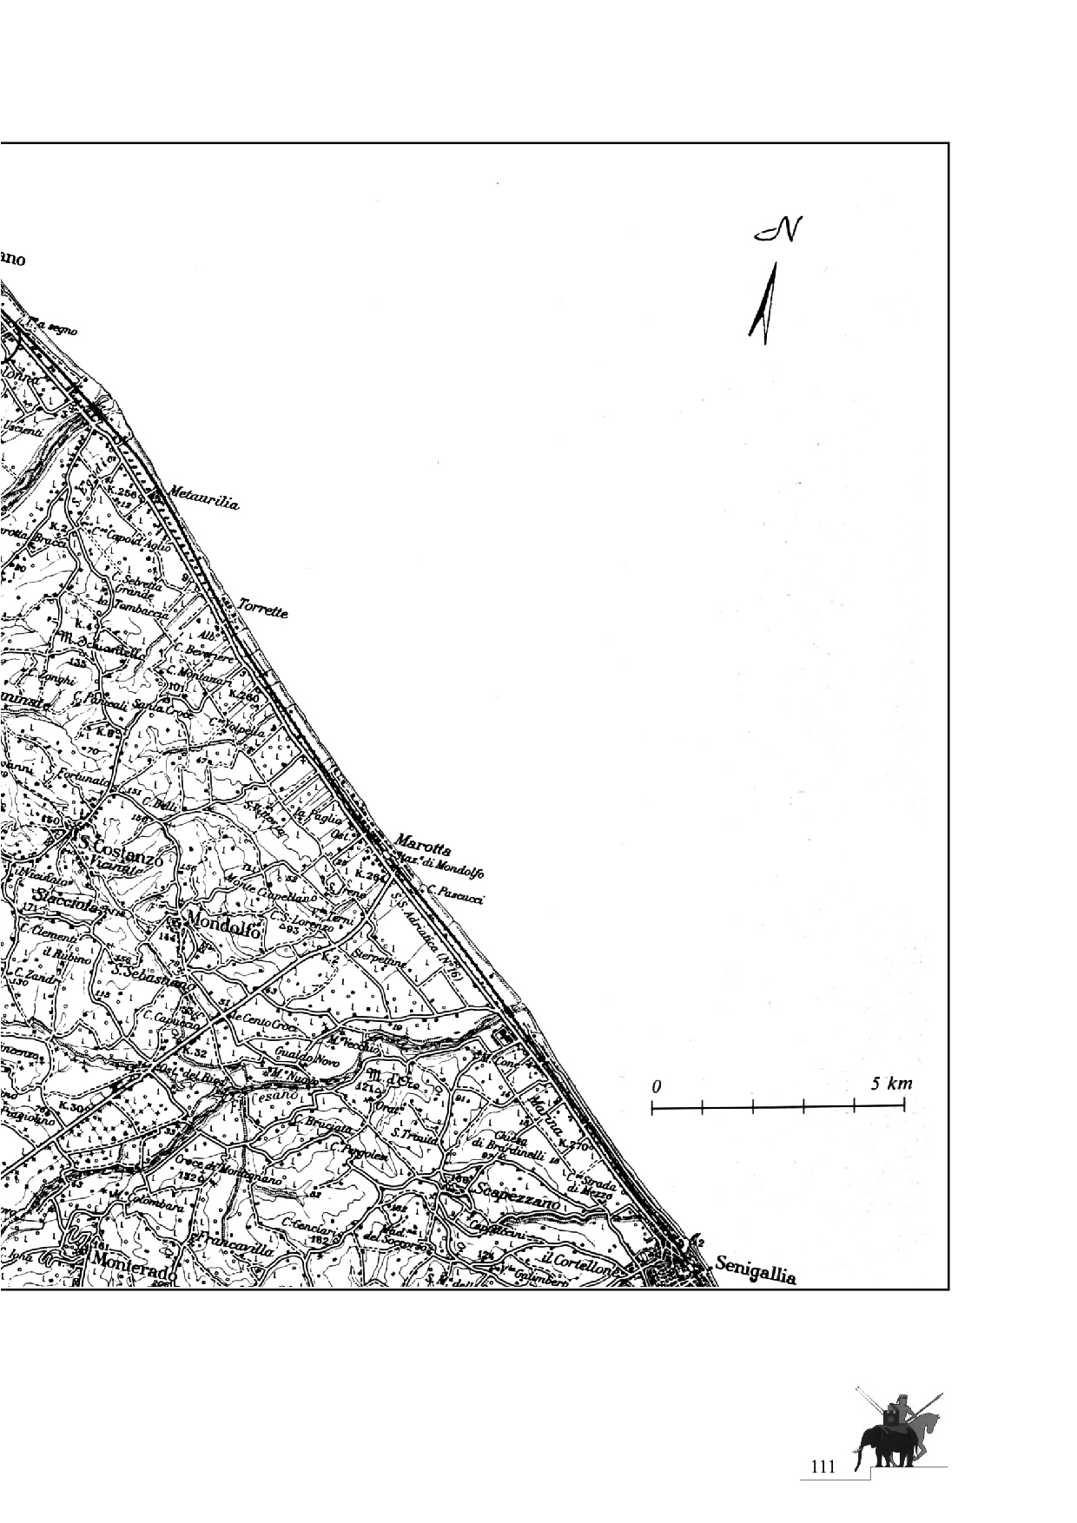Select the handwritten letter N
[x=778, y=230]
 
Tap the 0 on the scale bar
[x=657, y=1086]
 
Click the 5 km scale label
[x=892, y=1084]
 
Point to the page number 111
[x=822, y=1467]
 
